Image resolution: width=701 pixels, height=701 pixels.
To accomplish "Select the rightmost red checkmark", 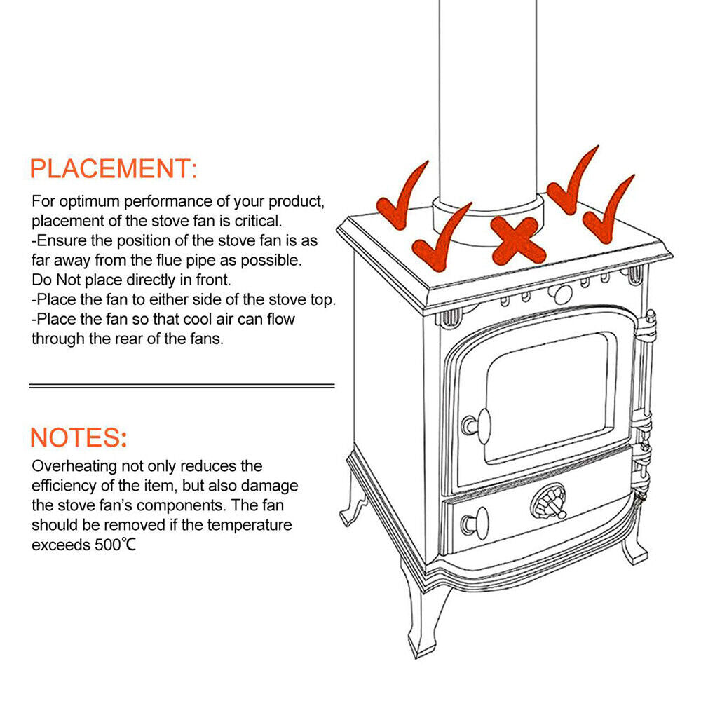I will click(x=608, y=214).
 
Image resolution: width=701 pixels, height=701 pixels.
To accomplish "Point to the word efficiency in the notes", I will click(x=64, y=485).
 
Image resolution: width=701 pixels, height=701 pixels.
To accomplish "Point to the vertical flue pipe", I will click(x=487, y=98).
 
